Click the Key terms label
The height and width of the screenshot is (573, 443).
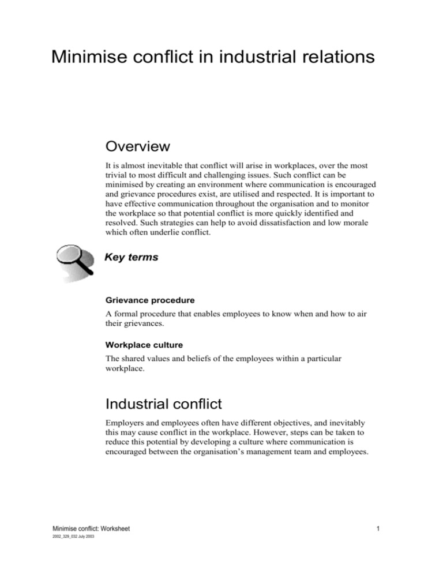pos(130,258)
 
